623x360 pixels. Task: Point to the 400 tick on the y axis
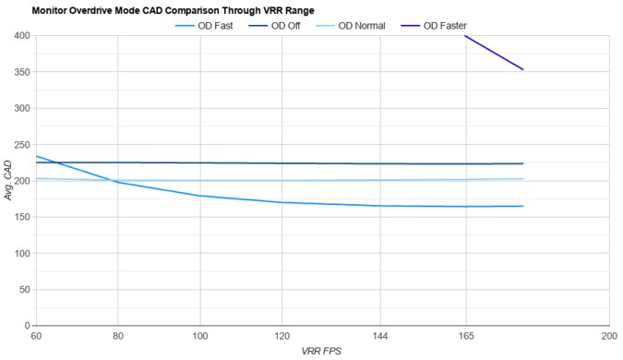[x=21, y=36]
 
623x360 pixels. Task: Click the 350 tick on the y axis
[x=21, y=72]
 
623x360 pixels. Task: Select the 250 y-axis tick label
[x=21, y=145]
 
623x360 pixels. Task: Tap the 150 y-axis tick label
[x=21, y=217]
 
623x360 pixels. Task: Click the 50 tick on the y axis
[x=24, y=290]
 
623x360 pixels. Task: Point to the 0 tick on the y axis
[x=27, y=326]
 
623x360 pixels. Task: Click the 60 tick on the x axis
[x=36, y=337]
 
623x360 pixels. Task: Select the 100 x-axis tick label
[x=200, y=337]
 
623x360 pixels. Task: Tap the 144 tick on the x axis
[x=380, y=337]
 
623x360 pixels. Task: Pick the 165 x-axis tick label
[x=466, y=337]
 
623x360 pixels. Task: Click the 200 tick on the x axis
[x=608, y=337]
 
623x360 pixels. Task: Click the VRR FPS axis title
[x=322, y=352]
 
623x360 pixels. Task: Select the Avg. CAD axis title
[x=8, y=181]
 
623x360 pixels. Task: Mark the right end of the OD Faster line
[x=523, y=69]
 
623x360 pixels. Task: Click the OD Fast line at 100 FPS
[x=200, y=196]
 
